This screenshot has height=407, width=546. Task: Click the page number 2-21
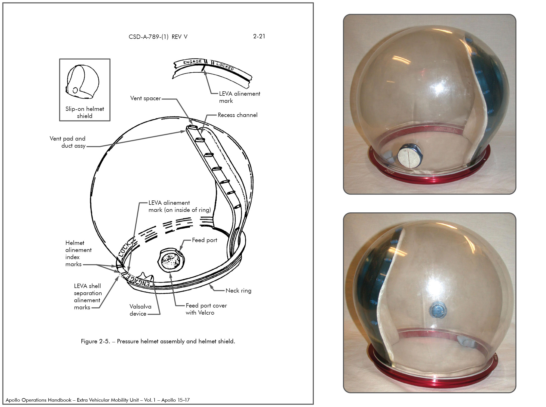[259, 36]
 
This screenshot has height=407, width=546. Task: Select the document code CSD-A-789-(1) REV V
[158, 37]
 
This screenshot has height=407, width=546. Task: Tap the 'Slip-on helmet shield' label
[85, 112]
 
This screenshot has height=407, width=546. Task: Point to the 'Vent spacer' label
[145, 98]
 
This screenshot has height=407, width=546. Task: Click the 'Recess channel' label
[238, 115]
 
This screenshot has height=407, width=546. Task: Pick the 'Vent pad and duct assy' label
[68, 142]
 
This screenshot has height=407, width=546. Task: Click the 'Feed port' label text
[205, 240]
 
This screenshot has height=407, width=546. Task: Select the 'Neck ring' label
[239, 291]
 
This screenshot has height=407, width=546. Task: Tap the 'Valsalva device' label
[140, 310]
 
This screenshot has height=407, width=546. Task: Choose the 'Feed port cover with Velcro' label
[206, 309]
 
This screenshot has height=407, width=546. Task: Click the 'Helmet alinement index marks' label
[78, 253]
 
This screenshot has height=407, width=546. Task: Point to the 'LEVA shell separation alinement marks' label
[88, 297]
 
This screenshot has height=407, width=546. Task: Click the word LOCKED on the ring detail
[225, 66]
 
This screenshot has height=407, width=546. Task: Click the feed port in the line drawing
[171, 261]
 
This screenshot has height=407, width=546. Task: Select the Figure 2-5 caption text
[158, 341]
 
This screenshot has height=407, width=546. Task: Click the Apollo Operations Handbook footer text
[98, 400]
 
